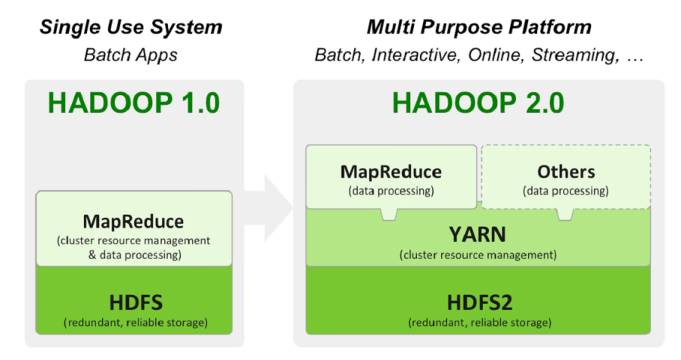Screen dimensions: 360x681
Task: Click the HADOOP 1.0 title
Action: point(133,103)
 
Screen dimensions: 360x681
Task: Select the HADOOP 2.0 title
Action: point(477,103)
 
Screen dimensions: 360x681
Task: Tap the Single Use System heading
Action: point(132,28)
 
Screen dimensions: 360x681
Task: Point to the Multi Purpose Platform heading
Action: point(479,28)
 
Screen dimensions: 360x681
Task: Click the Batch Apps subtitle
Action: point(132,55)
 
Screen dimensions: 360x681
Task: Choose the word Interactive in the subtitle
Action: point(415,55)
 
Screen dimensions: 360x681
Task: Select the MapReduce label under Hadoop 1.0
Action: point(133,222)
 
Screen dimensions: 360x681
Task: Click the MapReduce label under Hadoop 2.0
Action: point(391,172)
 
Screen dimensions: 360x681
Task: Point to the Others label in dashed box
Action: point(566,172)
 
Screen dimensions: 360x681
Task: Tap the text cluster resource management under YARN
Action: point(477,254)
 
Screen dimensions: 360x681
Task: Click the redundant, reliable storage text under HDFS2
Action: point(477,322)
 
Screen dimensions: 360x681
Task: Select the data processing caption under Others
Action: point(566,191)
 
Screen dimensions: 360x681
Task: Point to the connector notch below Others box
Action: point(564,214)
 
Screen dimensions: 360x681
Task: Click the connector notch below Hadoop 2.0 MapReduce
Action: point(390,214)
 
